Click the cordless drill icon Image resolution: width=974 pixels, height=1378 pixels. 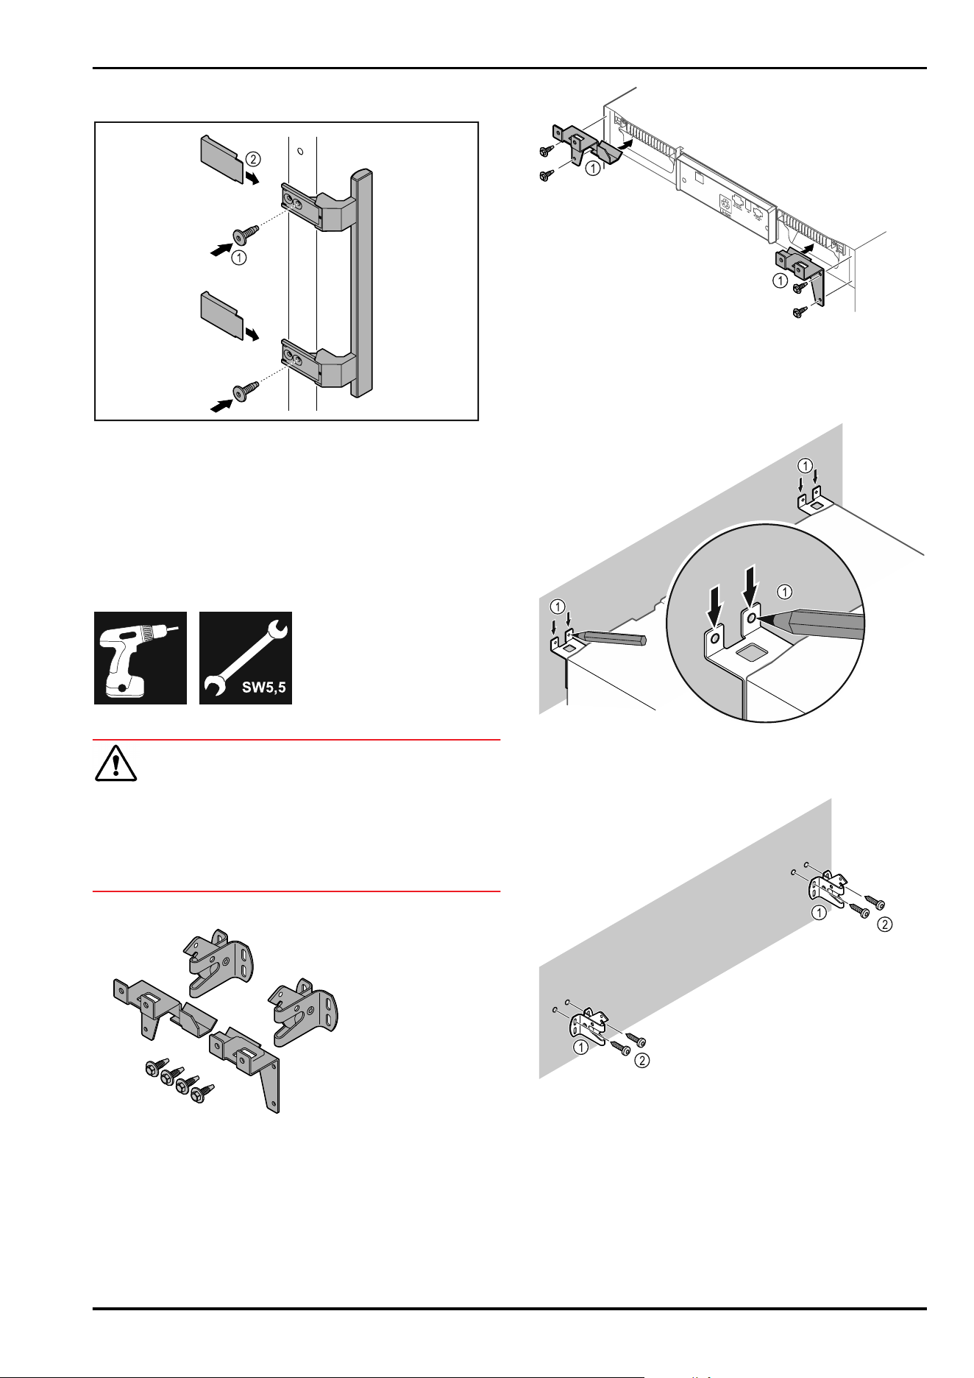[141, 657]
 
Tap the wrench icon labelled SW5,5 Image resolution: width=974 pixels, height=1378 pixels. [246, 657]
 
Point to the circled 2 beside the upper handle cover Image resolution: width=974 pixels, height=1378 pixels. [252, 158]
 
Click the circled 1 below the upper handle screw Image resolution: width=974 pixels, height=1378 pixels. [238, 258]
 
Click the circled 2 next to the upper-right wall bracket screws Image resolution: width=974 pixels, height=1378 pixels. [885, 925]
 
